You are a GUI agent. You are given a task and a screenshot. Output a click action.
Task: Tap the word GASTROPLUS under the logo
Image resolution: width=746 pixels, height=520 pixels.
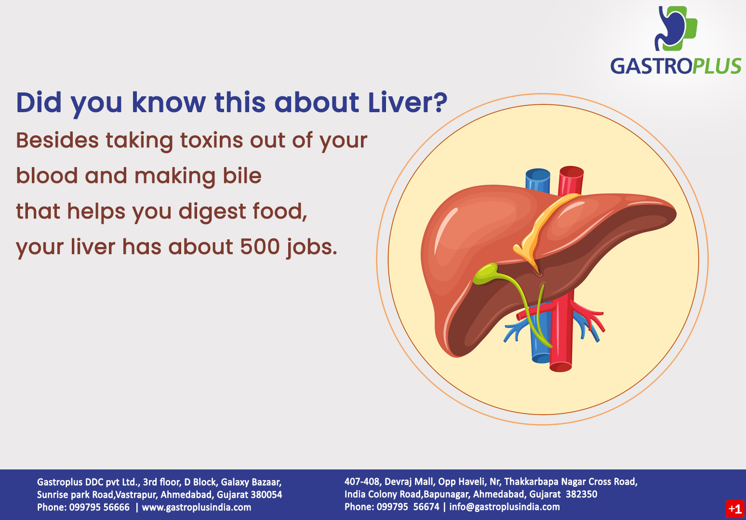tap(676, 66)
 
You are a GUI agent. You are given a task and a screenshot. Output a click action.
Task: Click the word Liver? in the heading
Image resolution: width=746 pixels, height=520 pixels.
tap(408, 103)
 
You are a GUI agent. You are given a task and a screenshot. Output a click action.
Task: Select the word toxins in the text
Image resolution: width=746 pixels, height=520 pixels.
tap(212, 141)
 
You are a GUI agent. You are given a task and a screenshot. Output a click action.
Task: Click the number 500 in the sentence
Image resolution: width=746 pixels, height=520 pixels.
tap(260, 247)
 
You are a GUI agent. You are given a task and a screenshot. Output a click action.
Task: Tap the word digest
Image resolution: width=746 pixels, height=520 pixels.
tap(213, 212)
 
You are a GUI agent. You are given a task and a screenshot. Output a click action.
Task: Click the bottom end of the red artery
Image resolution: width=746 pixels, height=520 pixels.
tap(560, 367)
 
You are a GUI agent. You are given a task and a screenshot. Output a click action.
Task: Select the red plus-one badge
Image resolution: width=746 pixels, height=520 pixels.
tap(735, 509)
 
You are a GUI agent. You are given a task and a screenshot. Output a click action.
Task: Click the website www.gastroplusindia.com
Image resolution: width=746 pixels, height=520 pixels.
tap(196, 507)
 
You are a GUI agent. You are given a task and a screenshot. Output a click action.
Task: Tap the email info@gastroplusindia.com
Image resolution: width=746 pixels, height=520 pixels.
tap(505, 507)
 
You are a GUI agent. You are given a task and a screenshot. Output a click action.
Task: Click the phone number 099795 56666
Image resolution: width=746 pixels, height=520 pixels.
tap(99, 507)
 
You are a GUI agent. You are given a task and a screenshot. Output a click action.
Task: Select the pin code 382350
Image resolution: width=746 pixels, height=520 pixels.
tap(581, 494)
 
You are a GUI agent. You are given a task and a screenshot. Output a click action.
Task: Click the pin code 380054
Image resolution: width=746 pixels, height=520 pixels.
tap(266, 495)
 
